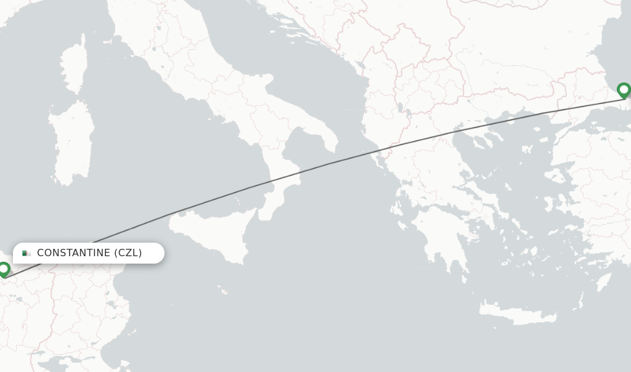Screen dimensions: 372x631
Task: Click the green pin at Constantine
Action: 4,269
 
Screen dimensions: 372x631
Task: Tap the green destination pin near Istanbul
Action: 624,91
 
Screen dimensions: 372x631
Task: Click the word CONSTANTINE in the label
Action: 73,253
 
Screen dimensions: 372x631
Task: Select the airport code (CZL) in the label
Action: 128,253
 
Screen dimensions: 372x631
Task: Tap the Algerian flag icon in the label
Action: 26,253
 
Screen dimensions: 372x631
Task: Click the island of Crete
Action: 518,314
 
